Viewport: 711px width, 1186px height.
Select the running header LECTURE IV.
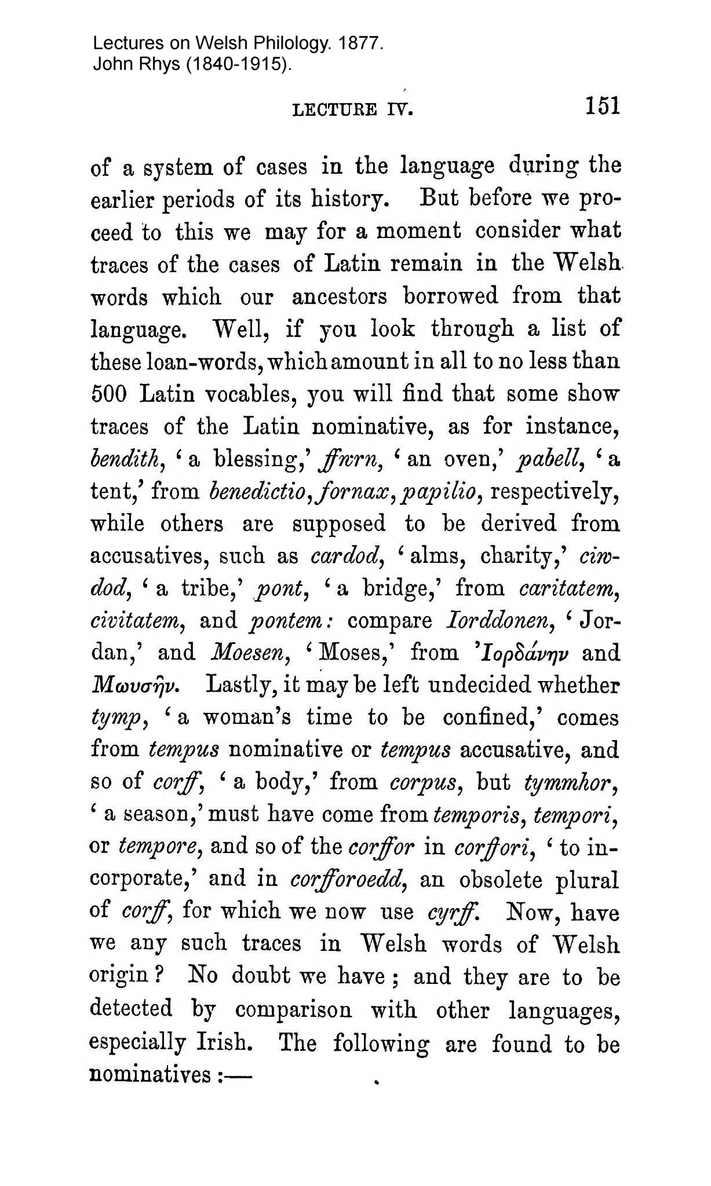click(x=353, y=109)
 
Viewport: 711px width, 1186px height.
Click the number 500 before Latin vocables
click(x=110, y=394)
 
